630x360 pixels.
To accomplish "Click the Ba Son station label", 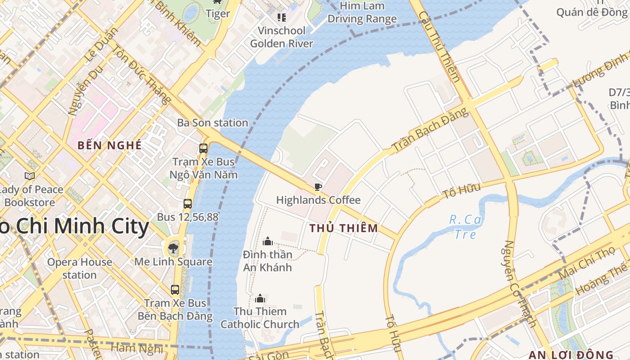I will coord(212,123).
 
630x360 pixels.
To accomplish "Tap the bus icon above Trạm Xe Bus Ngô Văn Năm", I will coord(203,148).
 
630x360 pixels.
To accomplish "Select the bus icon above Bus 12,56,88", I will coord(188,204).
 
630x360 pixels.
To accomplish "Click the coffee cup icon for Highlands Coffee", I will coord(318,187).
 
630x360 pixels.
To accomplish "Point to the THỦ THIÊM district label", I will coord(344,229).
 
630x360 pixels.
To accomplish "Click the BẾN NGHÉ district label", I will coord(109,145).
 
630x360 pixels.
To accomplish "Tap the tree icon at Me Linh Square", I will coord(173,247).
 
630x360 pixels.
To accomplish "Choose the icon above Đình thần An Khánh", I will coord(268,242).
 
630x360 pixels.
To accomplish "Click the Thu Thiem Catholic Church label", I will coord(260,318).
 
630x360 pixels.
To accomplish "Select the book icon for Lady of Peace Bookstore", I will coord(30,176).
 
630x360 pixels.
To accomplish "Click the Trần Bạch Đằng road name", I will coord(430,130).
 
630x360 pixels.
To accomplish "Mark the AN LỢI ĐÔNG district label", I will coord(571,355).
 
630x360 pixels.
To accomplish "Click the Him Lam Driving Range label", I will coord(362,13).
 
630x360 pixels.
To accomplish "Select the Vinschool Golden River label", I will coord(282,37).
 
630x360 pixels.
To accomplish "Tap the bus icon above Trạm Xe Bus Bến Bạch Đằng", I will coord(175,290).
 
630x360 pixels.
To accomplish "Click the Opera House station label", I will coord(80,268).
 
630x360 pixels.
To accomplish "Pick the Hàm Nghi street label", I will coord(136,348).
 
